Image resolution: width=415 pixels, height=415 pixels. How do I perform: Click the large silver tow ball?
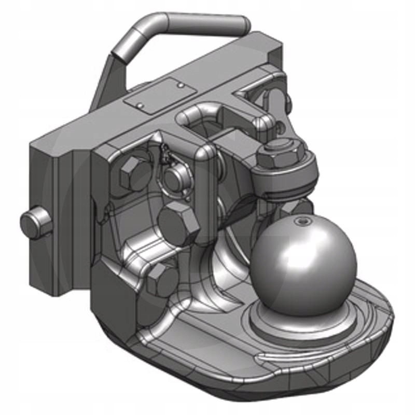[306, 259]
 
